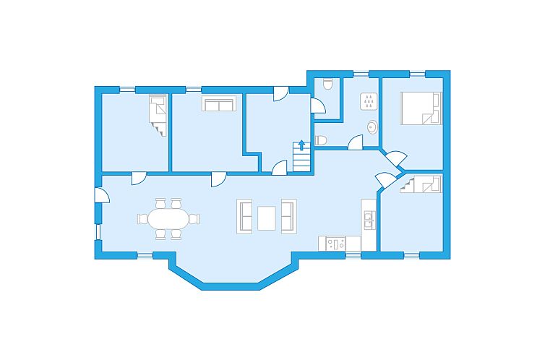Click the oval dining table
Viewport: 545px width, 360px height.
point(168,218)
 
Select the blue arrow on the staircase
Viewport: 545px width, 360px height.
point(301,145)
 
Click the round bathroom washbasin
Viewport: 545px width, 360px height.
point(372,127)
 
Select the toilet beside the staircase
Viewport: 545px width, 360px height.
point(321,140)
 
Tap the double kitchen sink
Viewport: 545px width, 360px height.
point(369,220)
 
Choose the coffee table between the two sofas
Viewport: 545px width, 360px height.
point(267,217)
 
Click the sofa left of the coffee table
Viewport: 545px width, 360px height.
point(244,216)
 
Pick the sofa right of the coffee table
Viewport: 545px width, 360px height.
point(288,216)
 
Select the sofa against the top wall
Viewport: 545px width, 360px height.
point(218,105)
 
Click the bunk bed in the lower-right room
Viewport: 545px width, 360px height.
point(421,186)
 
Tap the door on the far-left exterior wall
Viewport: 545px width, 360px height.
point(102,196)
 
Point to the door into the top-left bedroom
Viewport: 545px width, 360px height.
point(140,178)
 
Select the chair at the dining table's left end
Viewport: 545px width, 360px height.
point(142,218)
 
